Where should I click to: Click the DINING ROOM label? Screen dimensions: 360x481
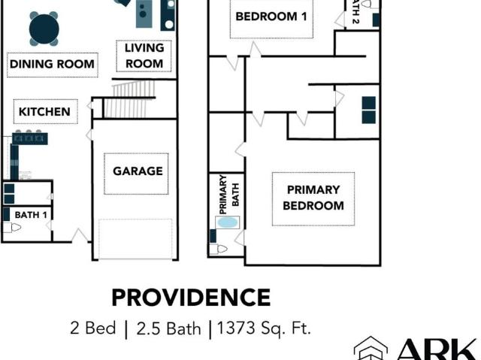point(52,65)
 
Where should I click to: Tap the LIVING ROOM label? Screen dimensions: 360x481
point(144,56)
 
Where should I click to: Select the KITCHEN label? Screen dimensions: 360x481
point(44,112)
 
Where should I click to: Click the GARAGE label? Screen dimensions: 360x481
point(138,171)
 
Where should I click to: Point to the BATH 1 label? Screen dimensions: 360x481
point(31,215)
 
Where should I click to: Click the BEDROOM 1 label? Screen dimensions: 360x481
point(271,17)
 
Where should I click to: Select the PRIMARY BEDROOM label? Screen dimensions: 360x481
point(313,198)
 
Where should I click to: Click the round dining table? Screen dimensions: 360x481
point(44,29)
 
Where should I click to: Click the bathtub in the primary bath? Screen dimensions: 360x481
point(227,222)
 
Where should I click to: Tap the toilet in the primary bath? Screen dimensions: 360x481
point(219,248)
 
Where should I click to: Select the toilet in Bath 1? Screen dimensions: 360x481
point(12,227)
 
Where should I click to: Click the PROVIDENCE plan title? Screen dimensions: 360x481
point(191,298)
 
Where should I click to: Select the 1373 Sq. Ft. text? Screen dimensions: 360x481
point(264,328)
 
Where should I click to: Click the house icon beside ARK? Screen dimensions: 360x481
point(371,349)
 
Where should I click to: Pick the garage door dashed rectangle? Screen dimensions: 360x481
point(136,238)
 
